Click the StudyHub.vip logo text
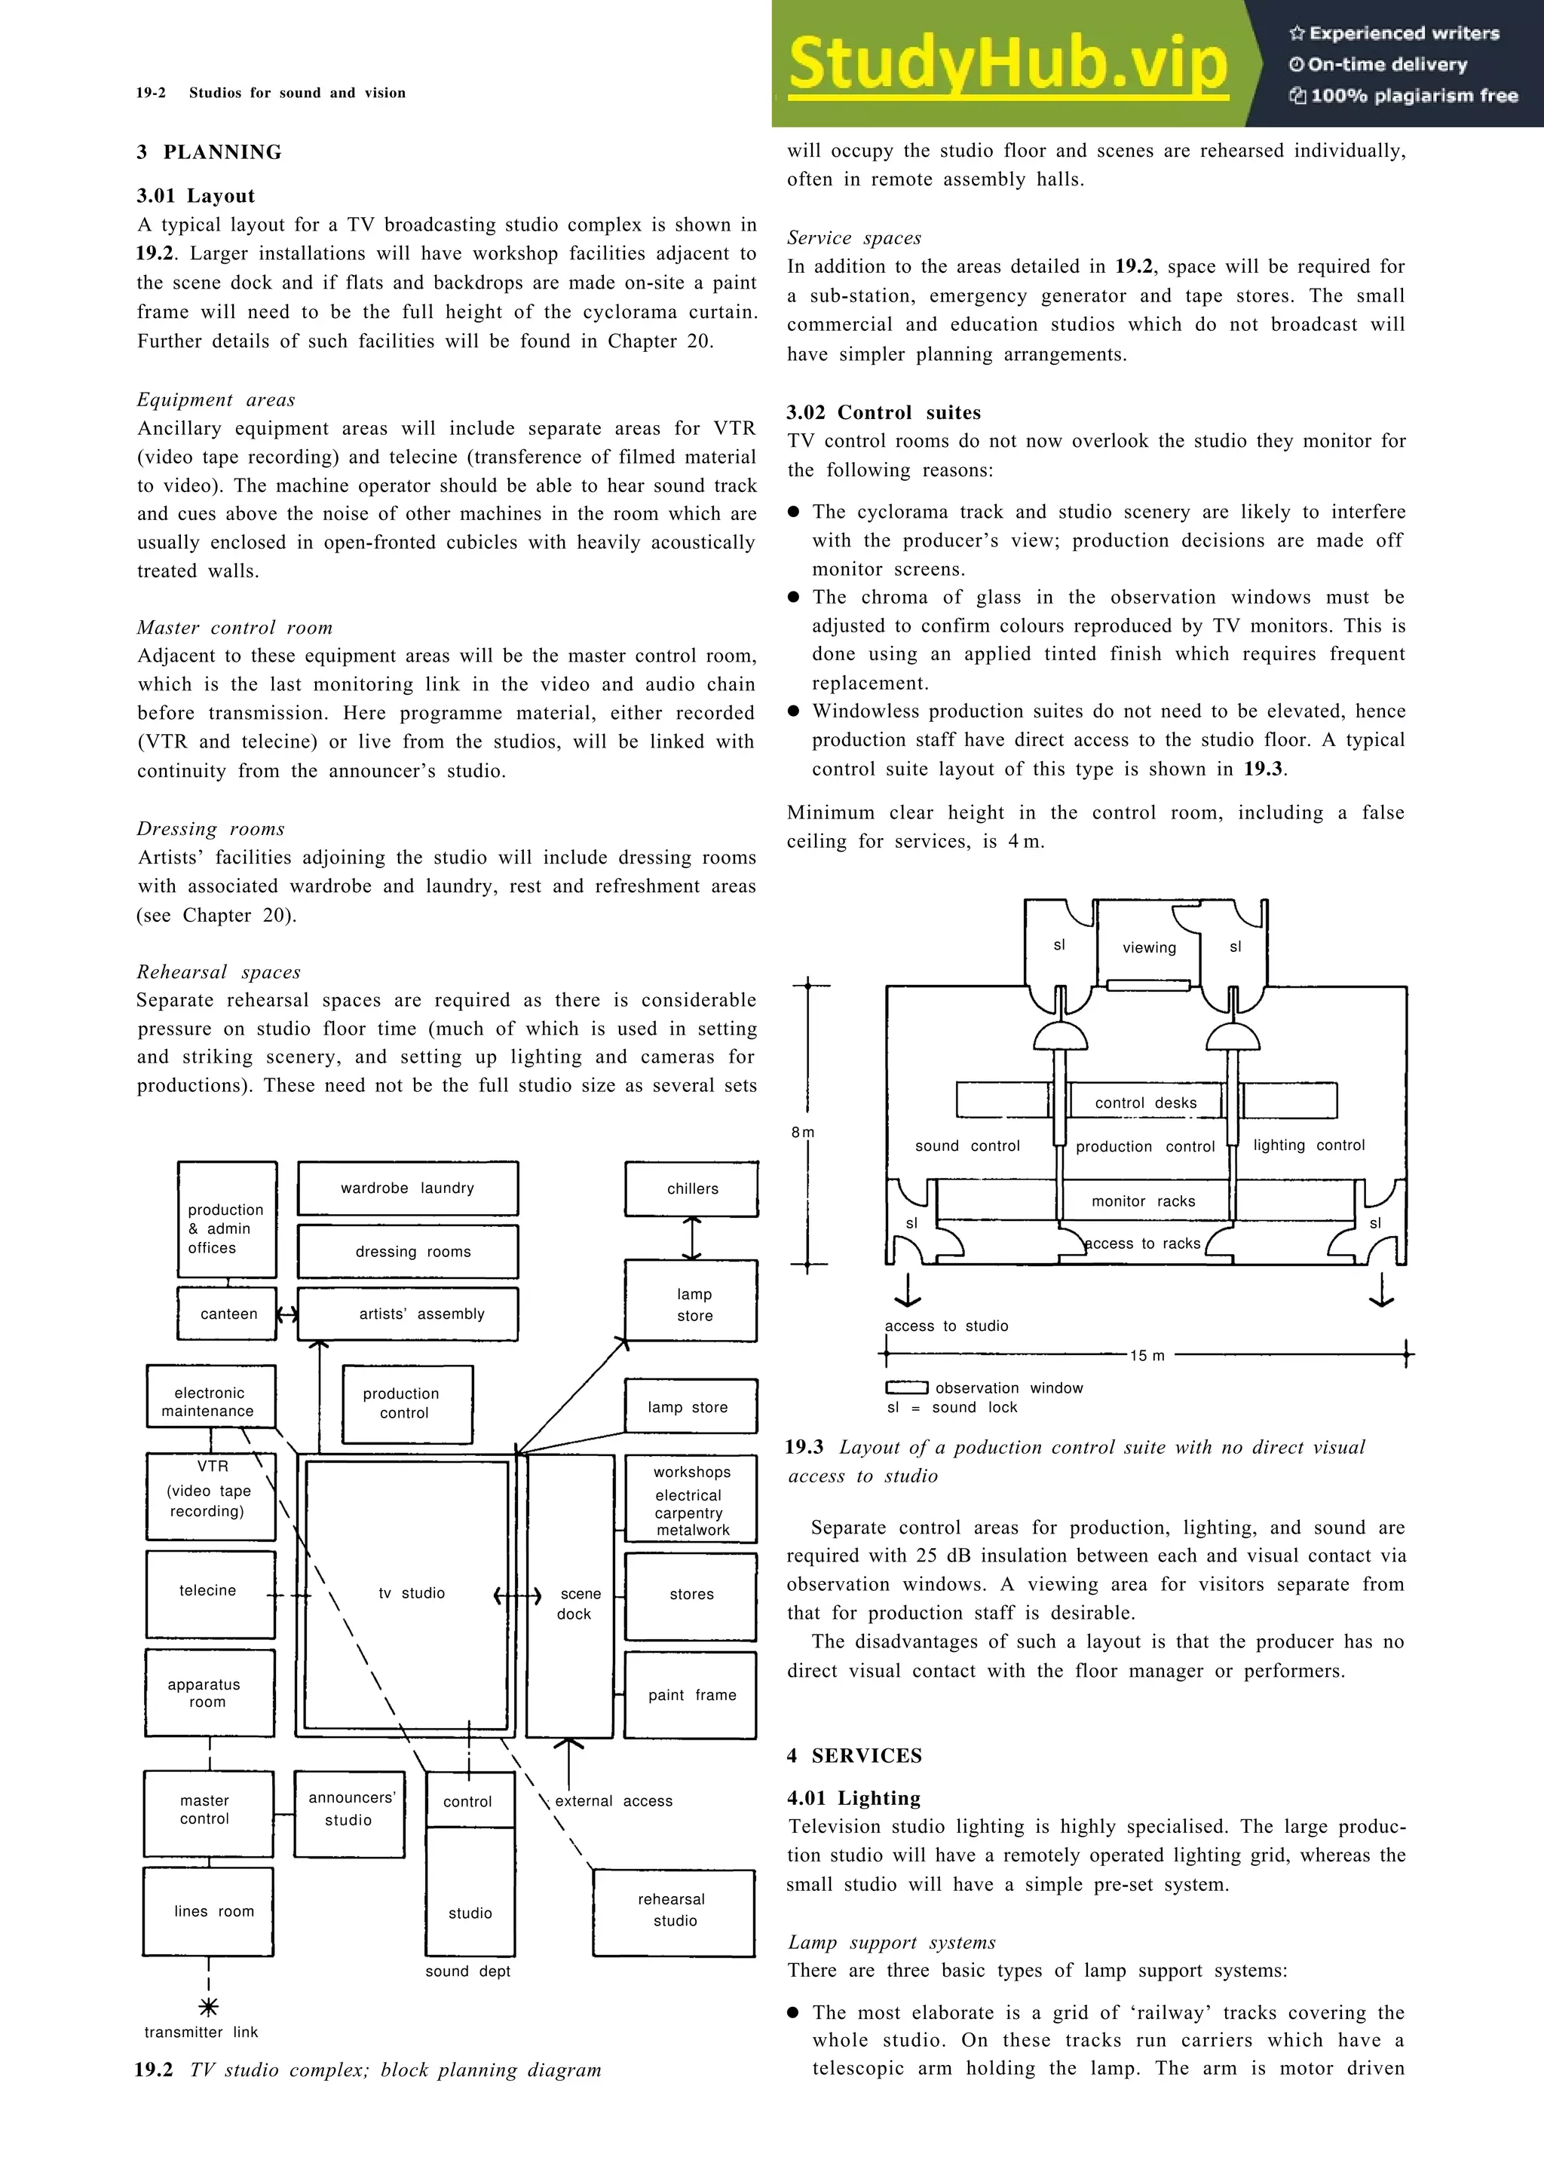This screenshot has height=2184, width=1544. pos(1007,65)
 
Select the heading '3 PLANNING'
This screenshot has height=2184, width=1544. pos(210,152)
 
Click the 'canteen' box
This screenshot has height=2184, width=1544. pos(228,1314)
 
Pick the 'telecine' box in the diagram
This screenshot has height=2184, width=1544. pos(210,1590)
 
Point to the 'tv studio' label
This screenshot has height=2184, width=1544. pos(411,1592)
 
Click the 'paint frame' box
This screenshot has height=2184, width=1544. pos(691,1694)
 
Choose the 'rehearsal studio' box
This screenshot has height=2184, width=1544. pos(673,1910)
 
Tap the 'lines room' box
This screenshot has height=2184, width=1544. pos(208,1911)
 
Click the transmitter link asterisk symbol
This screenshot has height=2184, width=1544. pos(208,2007)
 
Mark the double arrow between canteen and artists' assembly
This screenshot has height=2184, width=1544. pos(286,1314)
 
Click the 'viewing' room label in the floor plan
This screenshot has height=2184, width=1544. pos(1148,947)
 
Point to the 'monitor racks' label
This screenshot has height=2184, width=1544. pos(1142,1201)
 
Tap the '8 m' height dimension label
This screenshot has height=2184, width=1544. pos(802,1132)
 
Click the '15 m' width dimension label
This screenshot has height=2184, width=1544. pos(1147,1356)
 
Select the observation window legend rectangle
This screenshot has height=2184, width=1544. pos(905,1388)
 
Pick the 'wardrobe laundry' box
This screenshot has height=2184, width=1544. pos(407,1188)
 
